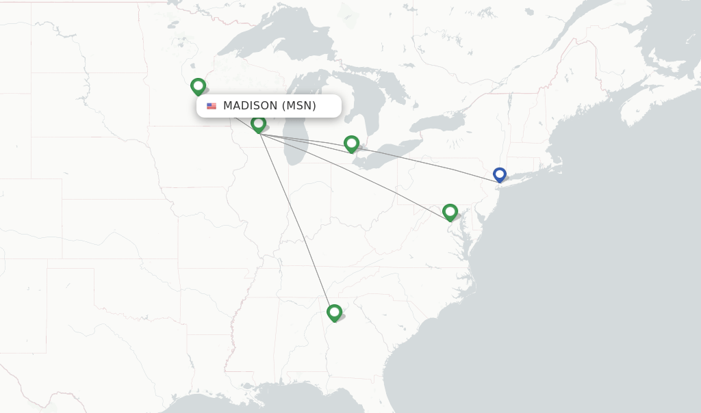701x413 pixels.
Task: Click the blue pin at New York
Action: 500,174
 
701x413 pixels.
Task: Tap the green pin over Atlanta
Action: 334,312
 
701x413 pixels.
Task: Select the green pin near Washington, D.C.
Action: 450,211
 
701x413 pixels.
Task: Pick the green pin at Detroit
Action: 351,143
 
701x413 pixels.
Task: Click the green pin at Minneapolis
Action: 198,86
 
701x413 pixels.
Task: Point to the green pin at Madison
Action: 258,124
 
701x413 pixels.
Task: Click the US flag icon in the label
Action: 212,106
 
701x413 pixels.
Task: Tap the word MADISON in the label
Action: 251,106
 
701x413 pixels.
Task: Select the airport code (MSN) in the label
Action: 299,106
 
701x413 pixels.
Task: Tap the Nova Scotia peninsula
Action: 643,103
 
